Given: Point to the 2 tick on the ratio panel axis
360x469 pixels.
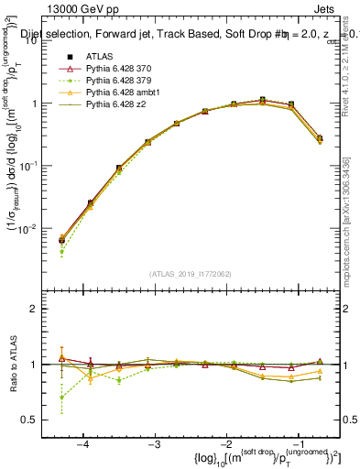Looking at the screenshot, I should [42, 309].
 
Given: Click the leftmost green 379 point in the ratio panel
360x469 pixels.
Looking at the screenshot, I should [61, 398].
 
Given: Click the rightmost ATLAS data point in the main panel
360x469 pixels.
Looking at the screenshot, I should [319, 137].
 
